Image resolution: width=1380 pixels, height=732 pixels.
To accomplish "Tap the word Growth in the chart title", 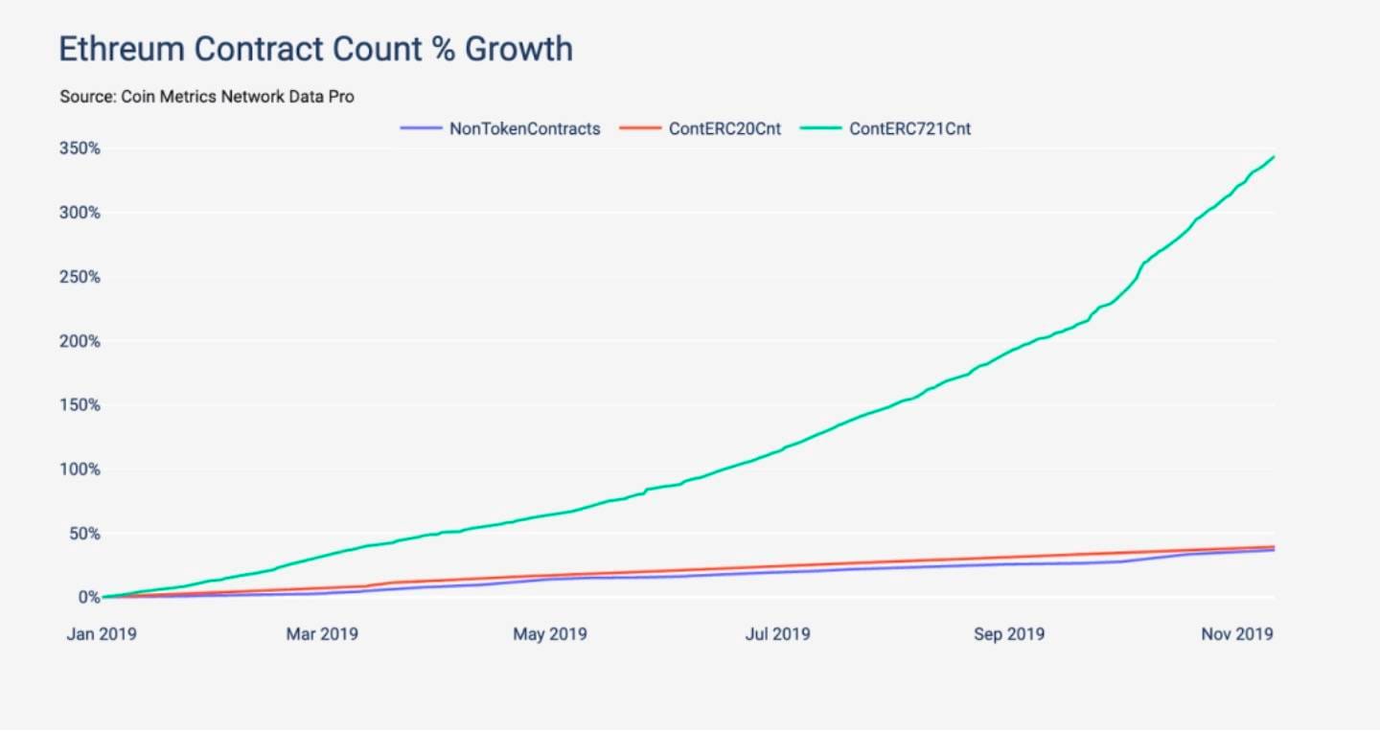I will tap(518, 49).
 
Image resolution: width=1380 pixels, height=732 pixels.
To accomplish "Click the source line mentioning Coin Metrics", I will tap(207, 97).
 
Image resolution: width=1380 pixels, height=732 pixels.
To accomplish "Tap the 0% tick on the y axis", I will tap(88, 598).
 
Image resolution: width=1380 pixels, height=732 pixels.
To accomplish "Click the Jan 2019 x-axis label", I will tap(101, 634).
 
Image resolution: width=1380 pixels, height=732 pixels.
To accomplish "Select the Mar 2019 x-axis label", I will tap(322, 634).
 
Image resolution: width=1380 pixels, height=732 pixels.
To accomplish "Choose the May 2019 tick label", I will tap(550, 634).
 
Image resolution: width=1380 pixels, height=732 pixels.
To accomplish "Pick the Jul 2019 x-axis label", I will tap(777, 634).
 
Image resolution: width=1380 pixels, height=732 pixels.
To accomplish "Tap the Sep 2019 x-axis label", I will tap(1008, 634).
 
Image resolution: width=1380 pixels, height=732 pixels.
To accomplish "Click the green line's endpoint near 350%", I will tap(1274, 157).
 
